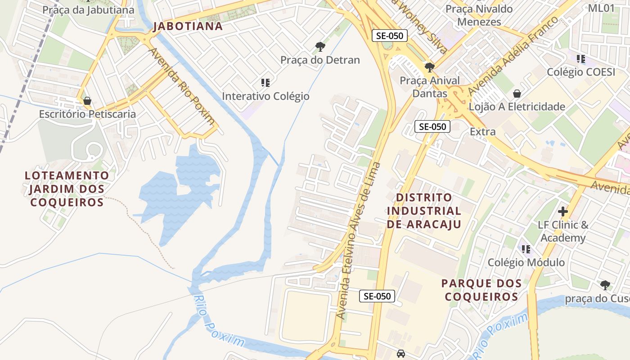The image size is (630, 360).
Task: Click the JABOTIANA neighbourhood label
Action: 188,26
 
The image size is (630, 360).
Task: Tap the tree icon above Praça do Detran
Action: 320,46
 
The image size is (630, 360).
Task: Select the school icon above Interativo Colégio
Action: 265,82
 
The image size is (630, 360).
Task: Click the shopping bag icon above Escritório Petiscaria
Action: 87,101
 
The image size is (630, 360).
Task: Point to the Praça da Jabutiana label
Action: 88,10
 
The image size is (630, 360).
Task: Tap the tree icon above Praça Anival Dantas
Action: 430,67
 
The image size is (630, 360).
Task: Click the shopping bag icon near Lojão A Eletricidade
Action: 517,94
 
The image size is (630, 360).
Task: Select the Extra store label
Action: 482,132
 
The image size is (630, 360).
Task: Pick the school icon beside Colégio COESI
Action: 581,59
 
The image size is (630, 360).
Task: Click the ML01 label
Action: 601,8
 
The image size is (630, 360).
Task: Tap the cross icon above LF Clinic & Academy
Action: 563,211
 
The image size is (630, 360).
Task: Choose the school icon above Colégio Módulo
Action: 526,249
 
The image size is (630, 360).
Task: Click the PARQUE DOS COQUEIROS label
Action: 481,290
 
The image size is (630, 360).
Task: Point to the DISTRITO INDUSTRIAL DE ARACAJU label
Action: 424,211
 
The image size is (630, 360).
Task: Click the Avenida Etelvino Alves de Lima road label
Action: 359,241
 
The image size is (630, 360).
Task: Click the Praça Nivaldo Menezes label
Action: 479,15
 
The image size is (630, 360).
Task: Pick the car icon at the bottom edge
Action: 400,354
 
